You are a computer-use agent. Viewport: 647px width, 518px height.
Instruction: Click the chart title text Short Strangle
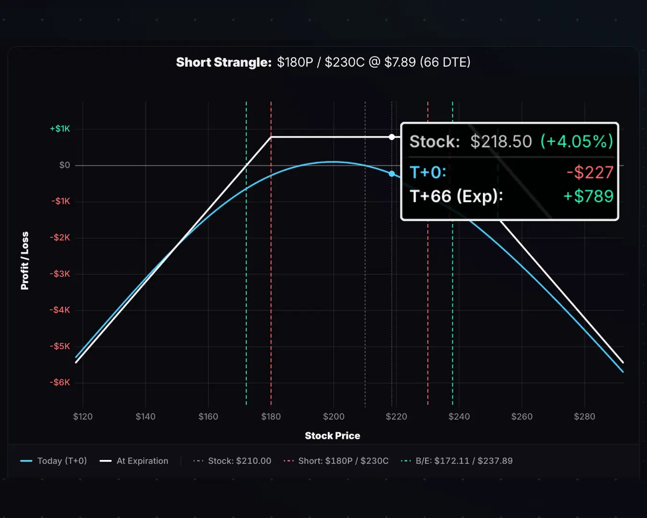pyautogui.click(x=223, y=62)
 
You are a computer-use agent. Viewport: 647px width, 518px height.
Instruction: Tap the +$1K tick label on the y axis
pyautogui.click(x=60, y=129)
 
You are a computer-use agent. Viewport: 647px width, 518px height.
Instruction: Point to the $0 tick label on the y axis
pyautogui.click(x=64, y=165)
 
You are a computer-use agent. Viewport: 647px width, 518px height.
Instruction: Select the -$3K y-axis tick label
pyautogui.click(x=60, y=274)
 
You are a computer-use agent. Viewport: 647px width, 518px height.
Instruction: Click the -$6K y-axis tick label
pyautogui.click(x=60, y=382)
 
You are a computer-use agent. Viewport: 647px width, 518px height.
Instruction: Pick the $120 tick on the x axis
pyautogui.click(x=82, y=416)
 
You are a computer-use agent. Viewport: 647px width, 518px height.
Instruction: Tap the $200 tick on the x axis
pyautogui.click(x=334, y=416)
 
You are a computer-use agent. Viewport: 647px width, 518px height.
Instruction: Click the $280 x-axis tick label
pyautogui.click(x=584, y=416)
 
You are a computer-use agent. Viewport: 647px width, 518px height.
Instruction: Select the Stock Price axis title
pyautogui.click(x=332, y=436)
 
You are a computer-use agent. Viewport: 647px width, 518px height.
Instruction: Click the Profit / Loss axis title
pyautogui.click(x=24, y=260)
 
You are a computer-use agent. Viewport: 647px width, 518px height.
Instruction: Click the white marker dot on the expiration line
pyautogui.click(x=392, y=137)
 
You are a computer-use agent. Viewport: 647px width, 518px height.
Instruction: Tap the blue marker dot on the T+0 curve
pyautogui.click(x=392, y=174)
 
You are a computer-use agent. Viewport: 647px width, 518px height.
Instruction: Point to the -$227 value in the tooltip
pyautogui.click(x=589, y=172)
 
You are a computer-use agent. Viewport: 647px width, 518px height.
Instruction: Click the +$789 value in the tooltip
pyautogui.click(x=588, y=196)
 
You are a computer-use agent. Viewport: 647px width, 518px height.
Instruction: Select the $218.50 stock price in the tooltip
pyautogui.click(x=501, y=141)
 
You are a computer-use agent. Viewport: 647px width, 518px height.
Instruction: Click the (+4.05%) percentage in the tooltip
pyautogui.click(x=577, y=141)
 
